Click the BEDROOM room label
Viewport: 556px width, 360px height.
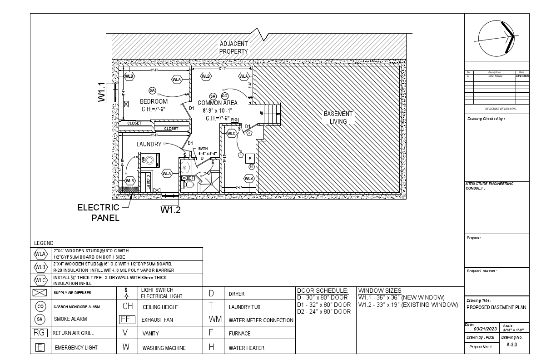[x=154, y=101]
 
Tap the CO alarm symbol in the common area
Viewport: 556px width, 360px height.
[x=224, y=96]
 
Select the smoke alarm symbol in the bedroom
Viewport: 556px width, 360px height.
[x=152, y=90]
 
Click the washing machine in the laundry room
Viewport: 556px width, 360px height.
[x=149, y=160]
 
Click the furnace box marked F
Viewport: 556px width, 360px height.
[x=249, y=159]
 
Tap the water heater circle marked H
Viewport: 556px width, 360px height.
[x=251, y=167]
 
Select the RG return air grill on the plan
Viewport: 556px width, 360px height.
[x=234, y=120]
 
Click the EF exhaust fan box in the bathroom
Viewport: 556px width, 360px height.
[x=191, y=178]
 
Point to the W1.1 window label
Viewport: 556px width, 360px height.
[x=102, y=92]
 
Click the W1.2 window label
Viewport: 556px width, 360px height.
[x=171, y=210]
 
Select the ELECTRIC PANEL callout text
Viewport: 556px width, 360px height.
[x=99, y=212]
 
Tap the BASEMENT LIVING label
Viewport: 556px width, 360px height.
[x=338, y=117]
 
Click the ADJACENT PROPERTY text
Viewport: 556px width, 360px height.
[x=234, y=48]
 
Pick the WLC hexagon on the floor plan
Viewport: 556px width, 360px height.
[x=231, y=134]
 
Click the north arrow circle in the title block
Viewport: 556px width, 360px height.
[x=496, y=39]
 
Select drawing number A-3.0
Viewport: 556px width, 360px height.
[x=511, y=345]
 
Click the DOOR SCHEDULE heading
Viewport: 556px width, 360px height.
[x=323, y=290]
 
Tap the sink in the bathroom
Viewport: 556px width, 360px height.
[x=185, y=165]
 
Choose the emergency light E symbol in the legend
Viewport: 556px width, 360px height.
[x=40, y=348]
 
